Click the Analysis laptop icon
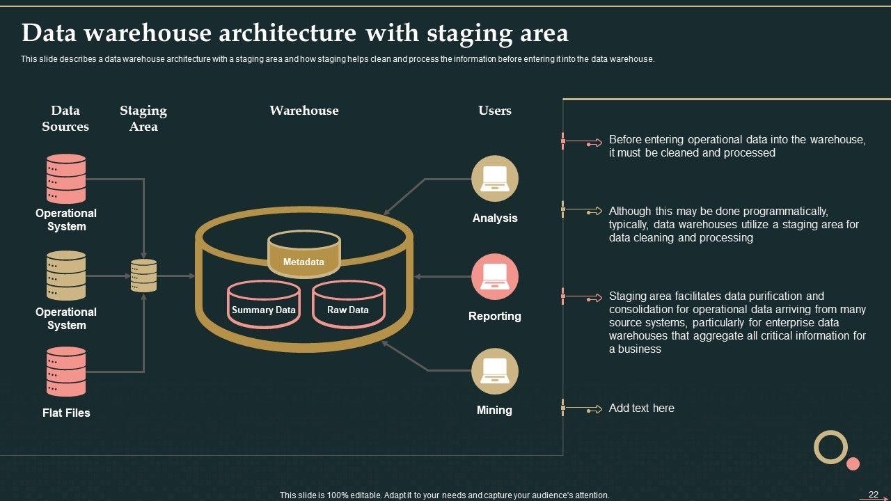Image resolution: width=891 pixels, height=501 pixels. click(x=495, y=178)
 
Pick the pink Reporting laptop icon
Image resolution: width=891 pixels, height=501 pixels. click(x=495, y=276)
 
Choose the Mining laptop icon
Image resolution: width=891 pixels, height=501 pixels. click(x=495, y=371)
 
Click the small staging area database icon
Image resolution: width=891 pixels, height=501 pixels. click(x=144, y=276)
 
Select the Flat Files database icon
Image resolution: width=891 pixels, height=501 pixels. click(x=66, y=372)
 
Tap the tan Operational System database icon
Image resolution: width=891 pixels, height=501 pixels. click(x=66, y=276)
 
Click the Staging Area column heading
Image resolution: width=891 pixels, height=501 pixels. click(x=143, y=118)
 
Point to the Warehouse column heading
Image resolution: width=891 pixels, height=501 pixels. click(x=304, y=111)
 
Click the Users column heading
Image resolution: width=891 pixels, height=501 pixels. click(x=495, y=111)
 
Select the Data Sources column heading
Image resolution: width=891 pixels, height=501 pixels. click(x=65, y=118)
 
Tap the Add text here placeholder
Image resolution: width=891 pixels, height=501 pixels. click(x=641, y=408)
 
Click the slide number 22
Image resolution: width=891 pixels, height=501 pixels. click(x=874, y=495)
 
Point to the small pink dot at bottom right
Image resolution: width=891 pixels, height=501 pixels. click(x=853, y=463)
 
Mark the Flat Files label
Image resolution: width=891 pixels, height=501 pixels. click(x=66, y=413)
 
